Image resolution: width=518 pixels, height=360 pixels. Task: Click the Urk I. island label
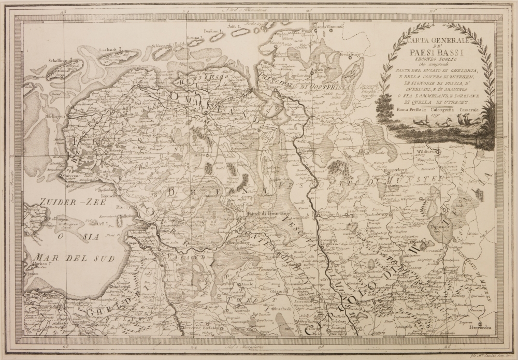pyautogui.click(x=104, y=224)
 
